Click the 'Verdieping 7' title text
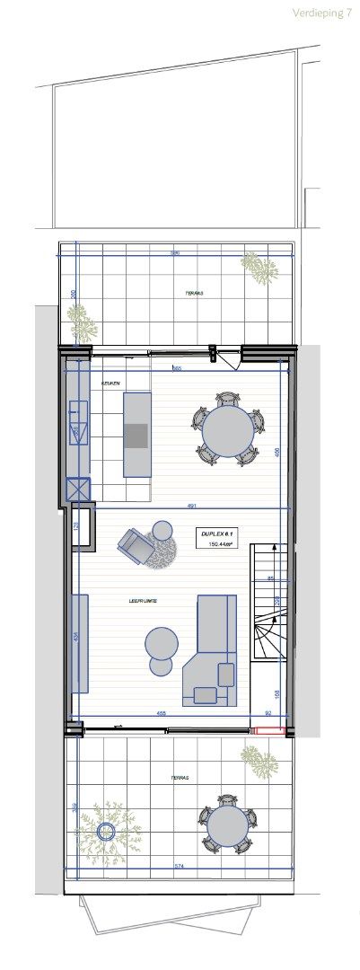(321, 13)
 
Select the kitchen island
(136, 435)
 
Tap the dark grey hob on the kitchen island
(136, 436)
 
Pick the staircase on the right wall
(270, 611)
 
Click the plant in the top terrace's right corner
(259, 268)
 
